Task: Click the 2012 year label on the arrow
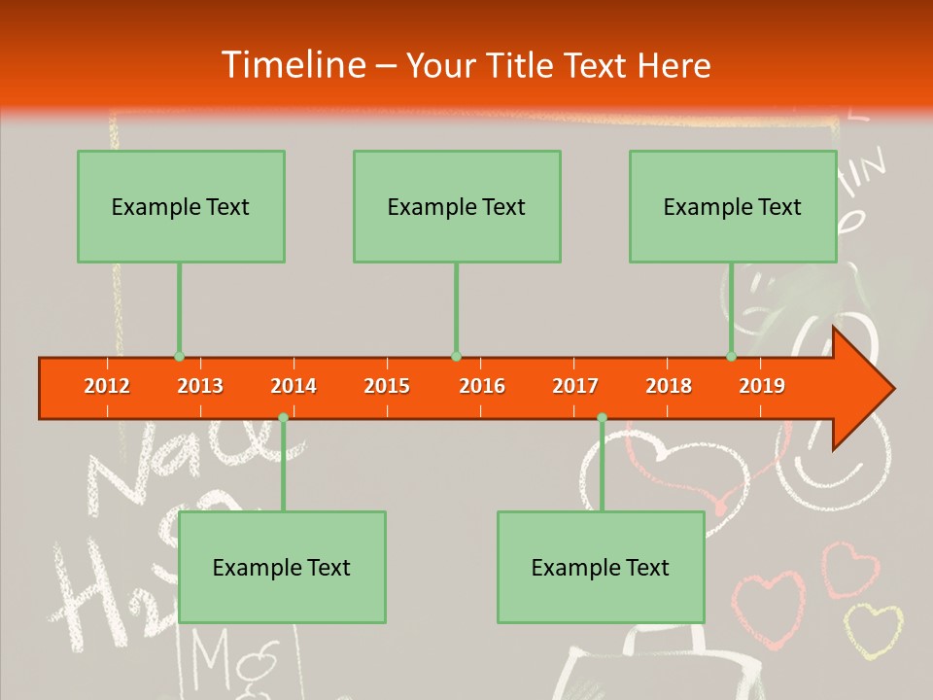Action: pos(107,386)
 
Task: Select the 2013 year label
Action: pos(200,386)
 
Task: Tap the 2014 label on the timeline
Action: pos(294,386)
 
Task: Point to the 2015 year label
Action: pos(387,386)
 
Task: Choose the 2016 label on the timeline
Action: pos(482,386)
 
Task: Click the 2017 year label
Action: pos(575,386)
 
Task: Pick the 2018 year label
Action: pos(669,386)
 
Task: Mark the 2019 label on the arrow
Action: pos(762,386)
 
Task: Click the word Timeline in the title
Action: pos(291,65)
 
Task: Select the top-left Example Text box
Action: pos(181,206)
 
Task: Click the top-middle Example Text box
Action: pos(457,206)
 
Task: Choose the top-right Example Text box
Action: pos(733,206)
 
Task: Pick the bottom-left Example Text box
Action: pos(282,567)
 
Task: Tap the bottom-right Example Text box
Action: pos(601,567)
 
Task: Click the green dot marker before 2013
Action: pos(179,357)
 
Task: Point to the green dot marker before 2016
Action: pos(456,357)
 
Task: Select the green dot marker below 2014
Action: pos(283,417)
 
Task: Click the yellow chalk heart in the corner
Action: pos(872,630)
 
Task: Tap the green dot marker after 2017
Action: pos(602,417)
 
